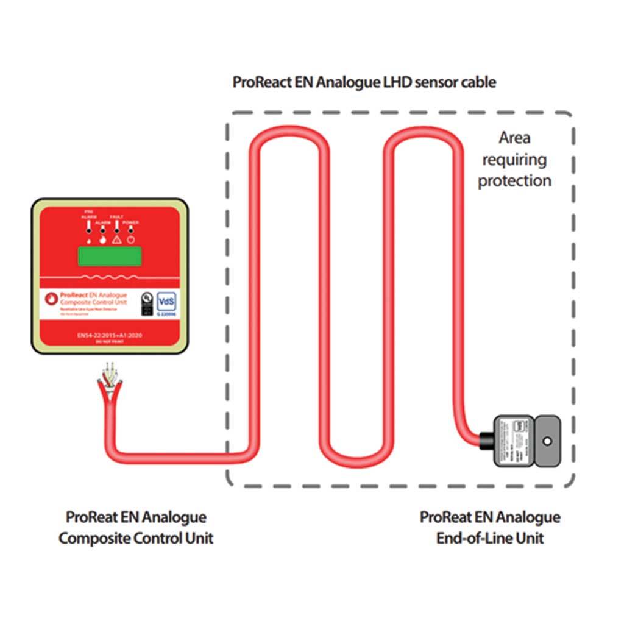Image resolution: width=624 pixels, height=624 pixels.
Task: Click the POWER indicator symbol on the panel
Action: point(131,239)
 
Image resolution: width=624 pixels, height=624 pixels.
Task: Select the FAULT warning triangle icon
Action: point(116,239)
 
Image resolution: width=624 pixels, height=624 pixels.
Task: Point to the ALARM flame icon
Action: point(102,239)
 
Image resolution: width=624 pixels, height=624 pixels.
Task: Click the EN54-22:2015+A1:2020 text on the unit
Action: point(108,335)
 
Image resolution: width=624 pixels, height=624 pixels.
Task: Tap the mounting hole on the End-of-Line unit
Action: point(547,439)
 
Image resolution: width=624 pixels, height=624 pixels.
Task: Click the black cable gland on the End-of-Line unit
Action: point(485,439)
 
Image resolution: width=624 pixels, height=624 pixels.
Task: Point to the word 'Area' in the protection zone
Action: point(514,138)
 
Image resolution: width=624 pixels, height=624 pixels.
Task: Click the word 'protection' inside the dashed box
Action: point(514,181)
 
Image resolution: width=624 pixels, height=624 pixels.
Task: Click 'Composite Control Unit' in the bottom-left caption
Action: point(136,539)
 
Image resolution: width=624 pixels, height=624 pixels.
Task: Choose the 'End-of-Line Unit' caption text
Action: point(489,539)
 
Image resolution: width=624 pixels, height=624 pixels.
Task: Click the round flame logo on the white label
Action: point(51,297)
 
